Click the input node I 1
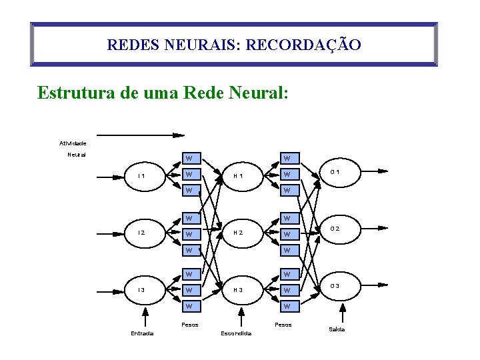click(142, 176)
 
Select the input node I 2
click(142, 233)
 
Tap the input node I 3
click(142, 290)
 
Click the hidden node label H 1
click(237, 176)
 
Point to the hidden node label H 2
click(237, 233)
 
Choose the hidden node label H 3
click(237, 290)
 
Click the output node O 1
click(335, 172)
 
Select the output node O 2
click(335, 229)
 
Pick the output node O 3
click(335, 286)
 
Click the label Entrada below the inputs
click(141, 333)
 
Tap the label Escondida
click(235, 333)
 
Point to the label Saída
click(337, 330)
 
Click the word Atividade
click(73, 143)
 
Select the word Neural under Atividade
click(77, 155)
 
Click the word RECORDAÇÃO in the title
click(304, 45)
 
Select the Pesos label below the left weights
click(190, 325)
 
